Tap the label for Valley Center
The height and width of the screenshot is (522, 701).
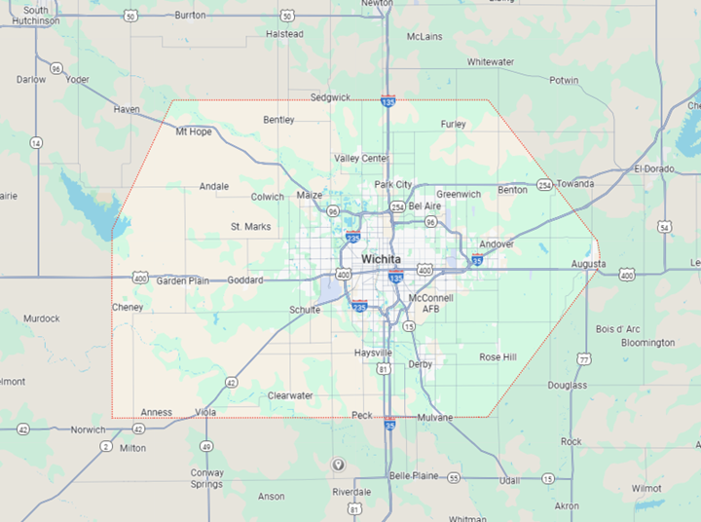360,158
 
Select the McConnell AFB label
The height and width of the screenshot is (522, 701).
430,302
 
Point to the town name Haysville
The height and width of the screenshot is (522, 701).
373,352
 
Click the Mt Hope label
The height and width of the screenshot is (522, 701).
193,131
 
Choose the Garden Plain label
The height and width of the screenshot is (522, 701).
183,280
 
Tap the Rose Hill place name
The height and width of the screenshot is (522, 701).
498,357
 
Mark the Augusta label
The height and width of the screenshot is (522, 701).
589,264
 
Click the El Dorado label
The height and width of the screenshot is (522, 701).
653,168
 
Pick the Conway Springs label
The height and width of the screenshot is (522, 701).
206,478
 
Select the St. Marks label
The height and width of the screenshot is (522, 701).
250,227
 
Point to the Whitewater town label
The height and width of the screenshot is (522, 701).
490,61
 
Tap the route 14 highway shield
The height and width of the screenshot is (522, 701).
36,143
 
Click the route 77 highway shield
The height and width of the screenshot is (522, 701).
584,359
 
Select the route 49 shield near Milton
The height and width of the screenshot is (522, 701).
206,446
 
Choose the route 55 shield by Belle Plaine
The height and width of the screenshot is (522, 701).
454,477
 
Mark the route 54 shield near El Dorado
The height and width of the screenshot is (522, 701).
664,227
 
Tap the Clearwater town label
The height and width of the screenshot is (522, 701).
290,395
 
